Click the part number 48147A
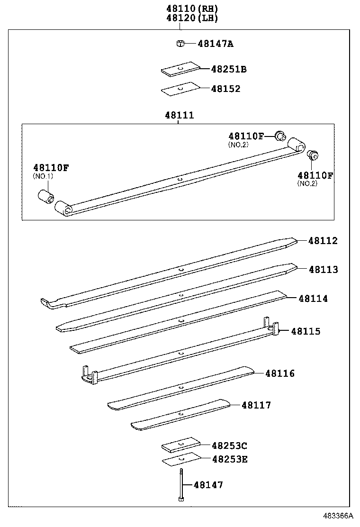[x=216, y=44]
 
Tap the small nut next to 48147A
[x=179, y=44]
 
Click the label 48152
[x=225, y=89]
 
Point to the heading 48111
[x=179, y=115]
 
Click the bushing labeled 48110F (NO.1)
[x=46, y=196]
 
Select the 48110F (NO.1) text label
[x=51, y=167]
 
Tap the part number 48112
[x=323, y=241]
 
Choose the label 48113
[x=323, y=270]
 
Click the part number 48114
[x=313, y=299]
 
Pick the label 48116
[x=279, y=373]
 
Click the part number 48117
[x=256, y=405]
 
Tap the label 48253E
[x=230, y=459]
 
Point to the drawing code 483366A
[x=338, y=516]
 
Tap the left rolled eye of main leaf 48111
[x=63, y=208]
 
